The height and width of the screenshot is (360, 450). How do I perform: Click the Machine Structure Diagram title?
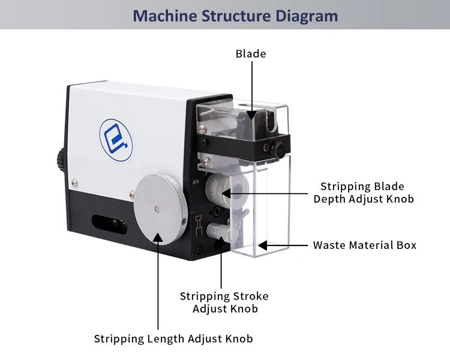click(x=235, y=16)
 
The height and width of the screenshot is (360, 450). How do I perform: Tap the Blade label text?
click(x=251, y=54)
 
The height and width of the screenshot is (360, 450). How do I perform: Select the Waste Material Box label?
click(x=364, y=245)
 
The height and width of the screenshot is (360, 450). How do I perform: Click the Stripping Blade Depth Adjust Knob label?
click(x=363, y=193)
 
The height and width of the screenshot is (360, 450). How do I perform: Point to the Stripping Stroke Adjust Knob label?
click(x=224, y=302)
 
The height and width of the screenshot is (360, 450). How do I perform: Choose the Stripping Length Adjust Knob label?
click(x=173, y=339)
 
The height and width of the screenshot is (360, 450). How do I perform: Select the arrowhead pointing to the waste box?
click(x=263, y=245)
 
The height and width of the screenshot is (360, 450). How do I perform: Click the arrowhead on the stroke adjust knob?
click(x=221, y=241)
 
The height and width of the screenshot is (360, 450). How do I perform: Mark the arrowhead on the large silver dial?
click(x=158, y=238)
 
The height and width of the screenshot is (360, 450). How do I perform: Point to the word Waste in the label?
click(x=329, y=245)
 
